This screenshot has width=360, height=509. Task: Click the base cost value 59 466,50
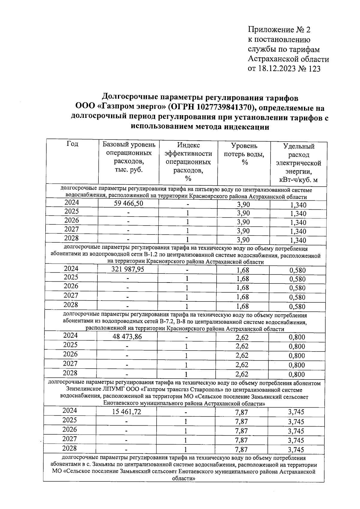pos(128,204)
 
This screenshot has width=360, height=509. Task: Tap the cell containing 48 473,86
pos(127,337)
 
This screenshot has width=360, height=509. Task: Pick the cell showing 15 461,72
pos(127,412)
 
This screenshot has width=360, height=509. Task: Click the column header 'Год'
pos(72,144)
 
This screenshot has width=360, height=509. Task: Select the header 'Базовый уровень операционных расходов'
pos(129,157)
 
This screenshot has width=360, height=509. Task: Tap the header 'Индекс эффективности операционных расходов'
pos(188,162)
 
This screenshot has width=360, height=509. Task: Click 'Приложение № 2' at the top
pos(279,30)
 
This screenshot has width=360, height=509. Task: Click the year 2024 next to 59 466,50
pos(72,202)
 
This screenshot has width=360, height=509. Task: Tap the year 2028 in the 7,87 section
pos(70,448)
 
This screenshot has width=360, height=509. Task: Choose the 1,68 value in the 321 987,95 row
pos(243,270)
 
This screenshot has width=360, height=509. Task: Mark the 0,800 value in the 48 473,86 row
pos(297,337)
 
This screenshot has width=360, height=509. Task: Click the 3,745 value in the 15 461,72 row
pos(296,412)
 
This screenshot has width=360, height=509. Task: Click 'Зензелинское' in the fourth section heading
pos(83,390)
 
